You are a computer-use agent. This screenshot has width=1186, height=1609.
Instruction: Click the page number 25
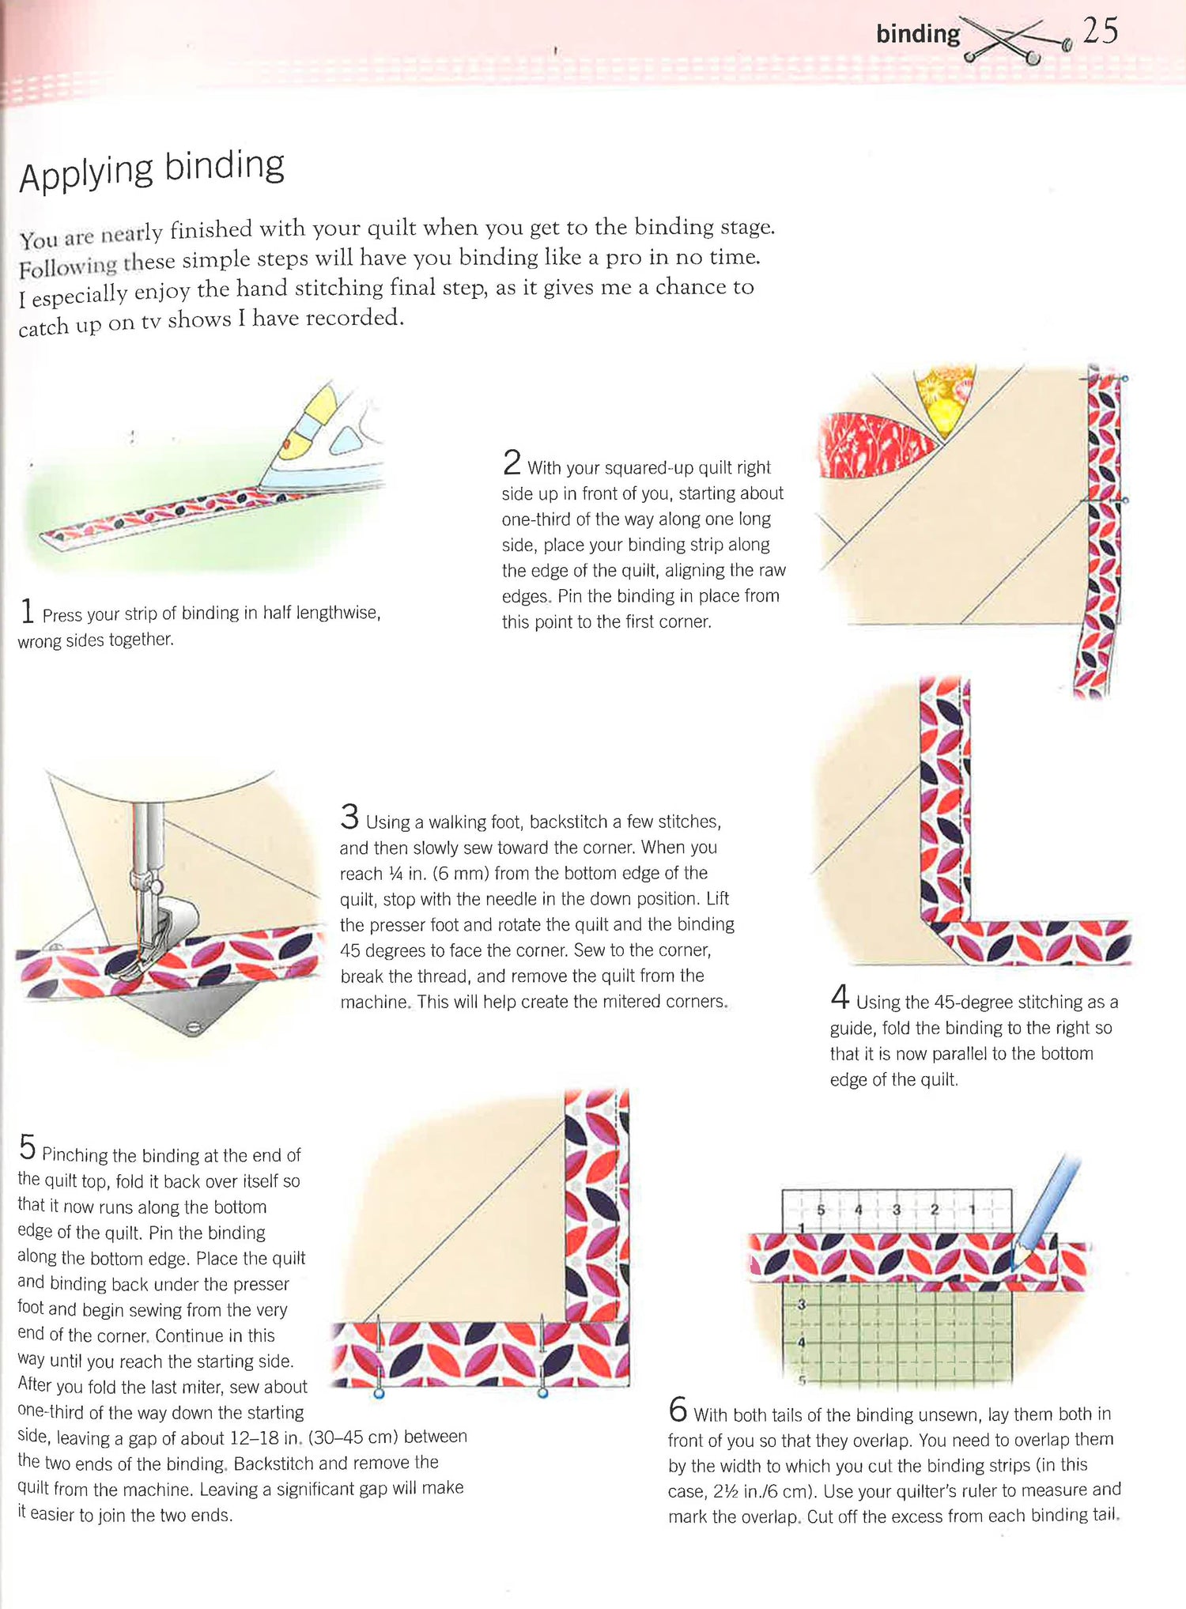pos(1101,31)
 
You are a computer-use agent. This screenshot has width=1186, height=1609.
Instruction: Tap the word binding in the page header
pos(918,33)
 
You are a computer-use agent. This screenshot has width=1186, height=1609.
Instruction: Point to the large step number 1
pos(27,611)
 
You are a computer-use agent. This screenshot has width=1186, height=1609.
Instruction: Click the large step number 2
pos(512,462)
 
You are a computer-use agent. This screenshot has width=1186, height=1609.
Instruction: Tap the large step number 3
pos(349,816)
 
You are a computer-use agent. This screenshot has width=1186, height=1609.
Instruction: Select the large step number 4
pos(840,996)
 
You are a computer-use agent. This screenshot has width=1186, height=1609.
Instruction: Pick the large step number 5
pos(27,1147)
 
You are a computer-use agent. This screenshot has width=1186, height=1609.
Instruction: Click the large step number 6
pos(678,1410)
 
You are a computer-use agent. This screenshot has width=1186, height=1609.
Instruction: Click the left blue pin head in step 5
pos(379,1393)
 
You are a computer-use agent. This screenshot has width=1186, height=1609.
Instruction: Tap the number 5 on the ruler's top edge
pos(821,1210)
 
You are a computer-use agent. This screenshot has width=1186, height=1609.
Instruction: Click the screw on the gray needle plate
pos(192,1028)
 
